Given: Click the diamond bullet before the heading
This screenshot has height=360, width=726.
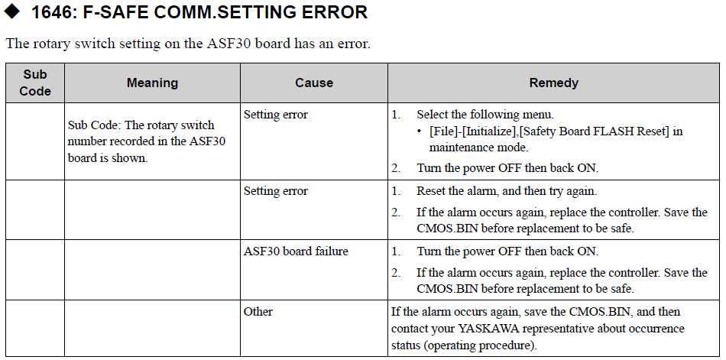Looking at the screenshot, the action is coord(11,11).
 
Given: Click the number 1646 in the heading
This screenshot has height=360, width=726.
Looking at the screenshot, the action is coord(51,12).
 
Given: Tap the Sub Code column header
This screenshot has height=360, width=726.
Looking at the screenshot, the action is coord(35,83).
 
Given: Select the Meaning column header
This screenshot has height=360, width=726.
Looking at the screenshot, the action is coord(152,83).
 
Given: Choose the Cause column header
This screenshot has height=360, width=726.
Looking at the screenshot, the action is coord(314,83).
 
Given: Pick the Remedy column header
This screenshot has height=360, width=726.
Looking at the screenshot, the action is coord(554,83).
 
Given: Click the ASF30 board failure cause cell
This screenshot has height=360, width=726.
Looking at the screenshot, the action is coord(296,251).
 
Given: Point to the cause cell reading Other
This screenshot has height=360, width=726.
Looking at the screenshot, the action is coord(258,311).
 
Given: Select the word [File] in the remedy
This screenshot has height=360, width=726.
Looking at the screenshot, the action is coord(445,131).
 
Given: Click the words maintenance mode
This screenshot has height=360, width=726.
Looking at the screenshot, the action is coord(478,148).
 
